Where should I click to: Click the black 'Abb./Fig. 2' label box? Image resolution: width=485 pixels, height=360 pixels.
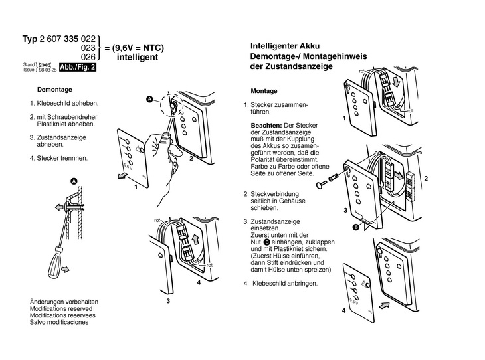point(78,67)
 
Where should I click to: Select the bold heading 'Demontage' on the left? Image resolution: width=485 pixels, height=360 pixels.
point(55,89)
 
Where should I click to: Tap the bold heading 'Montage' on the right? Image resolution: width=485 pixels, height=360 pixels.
point(264,90)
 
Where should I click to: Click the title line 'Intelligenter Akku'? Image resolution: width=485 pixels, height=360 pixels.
point(285,47)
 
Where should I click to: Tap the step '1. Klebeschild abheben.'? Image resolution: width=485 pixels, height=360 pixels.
point(64,104)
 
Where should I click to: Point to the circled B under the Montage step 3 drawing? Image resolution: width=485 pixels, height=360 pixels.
point(355,226)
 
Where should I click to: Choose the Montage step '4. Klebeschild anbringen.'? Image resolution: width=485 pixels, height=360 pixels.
point(280,283)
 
